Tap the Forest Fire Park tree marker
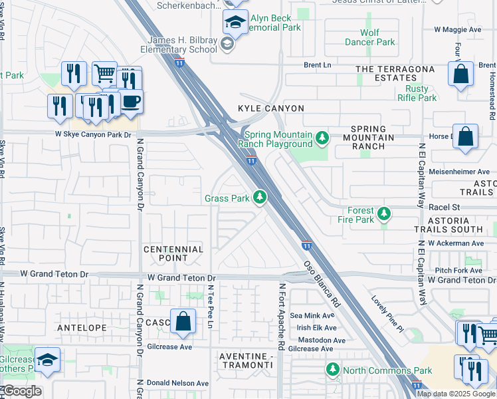[384, 214]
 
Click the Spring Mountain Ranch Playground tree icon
[322, 138]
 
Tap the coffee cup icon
[131, 102]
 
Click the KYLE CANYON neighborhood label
[271, 108]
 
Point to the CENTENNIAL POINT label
[174, 253]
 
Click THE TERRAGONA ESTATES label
[395, 73]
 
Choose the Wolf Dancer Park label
[369, 37]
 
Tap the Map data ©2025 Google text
[455, 393]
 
